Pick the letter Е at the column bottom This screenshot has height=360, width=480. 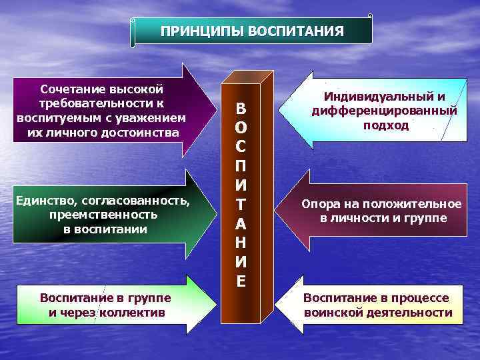click(x=241, y=281)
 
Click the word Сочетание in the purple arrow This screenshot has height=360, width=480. click(x=68, y=89)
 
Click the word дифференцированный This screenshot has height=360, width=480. click(x=385, y=111)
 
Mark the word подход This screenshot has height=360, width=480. click(x=386, y=125)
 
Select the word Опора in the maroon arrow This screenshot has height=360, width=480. click(x=321, y=204)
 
